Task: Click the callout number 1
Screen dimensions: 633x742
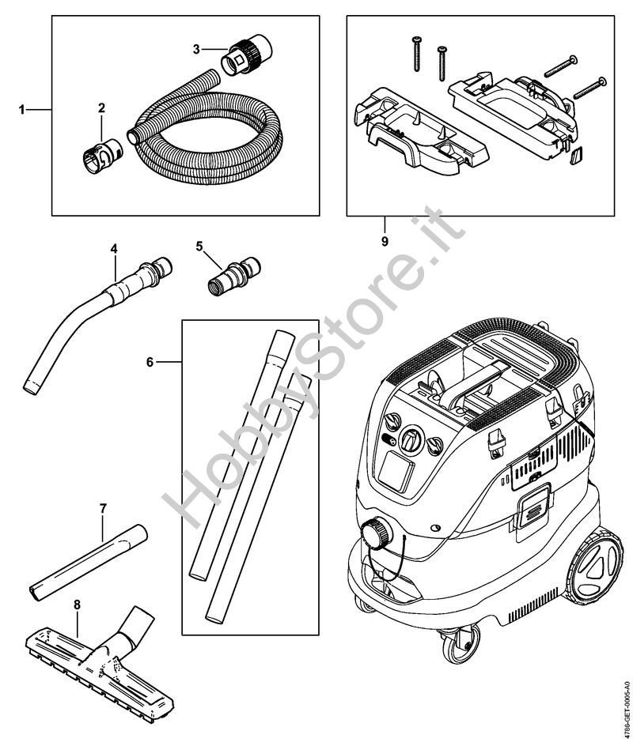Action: [22, 110]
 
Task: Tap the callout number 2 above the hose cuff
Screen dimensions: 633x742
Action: [101, 108]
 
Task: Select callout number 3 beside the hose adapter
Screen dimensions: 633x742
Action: [196, 49]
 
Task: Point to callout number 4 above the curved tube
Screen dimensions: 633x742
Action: [114, 248]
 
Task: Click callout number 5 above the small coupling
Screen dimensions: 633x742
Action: [199, 246]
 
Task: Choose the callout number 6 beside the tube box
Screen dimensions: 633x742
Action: [150, 362]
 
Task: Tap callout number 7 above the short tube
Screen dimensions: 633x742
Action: [104, 509]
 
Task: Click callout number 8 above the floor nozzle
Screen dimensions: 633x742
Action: [78, 605]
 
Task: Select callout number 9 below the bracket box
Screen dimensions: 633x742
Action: [385, 241]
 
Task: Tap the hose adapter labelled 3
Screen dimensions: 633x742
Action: [246, 55]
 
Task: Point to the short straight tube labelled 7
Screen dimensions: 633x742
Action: [88, 563]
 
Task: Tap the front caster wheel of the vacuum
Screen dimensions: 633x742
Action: [458, 646]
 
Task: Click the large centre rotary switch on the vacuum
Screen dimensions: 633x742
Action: [411, 439]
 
